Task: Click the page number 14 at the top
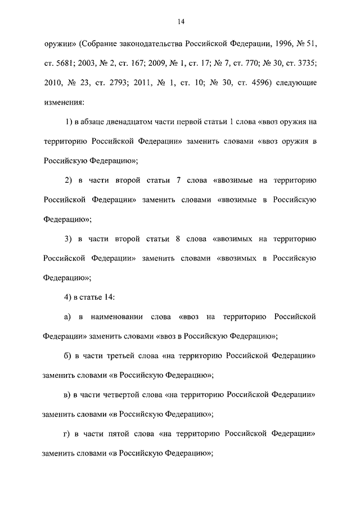click(x=181, y=22)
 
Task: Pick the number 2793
click(x=140, y=83)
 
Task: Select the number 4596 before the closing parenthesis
click(x=260, y=83)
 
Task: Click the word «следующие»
click(x=296, y=83)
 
